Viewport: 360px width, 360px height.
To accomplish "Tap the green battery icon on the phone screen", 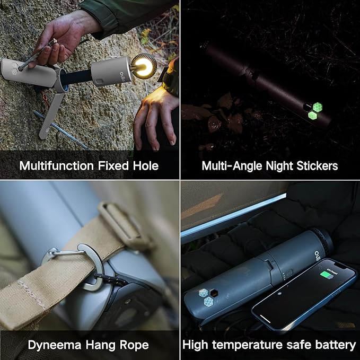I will pyautogui.click(x=326, y=275).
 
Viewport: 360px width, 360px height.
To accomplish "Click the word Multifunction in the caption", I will pyautogui.click(x=57, y=166).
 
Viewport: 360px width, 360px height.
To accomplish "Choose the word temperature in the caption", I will pyautogui.click(x=251, y=345).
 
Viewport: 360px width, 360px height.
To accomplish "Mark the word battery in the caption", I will pyautogui.click(x=335, y=345).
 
